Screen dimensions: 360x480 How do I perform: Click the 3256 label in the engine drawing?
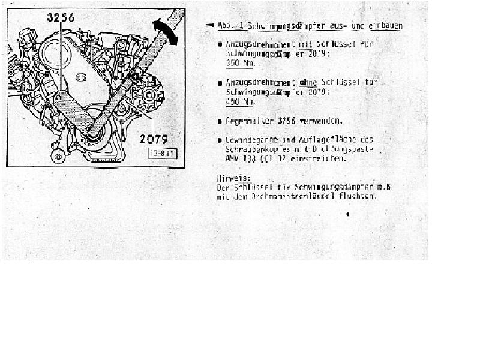point(61,17)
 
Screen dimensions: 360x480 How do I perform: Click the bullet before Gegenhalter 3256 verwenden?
point(220,121)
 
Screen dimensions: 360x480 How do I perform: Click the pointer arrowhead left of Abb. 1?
point(208,25)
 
